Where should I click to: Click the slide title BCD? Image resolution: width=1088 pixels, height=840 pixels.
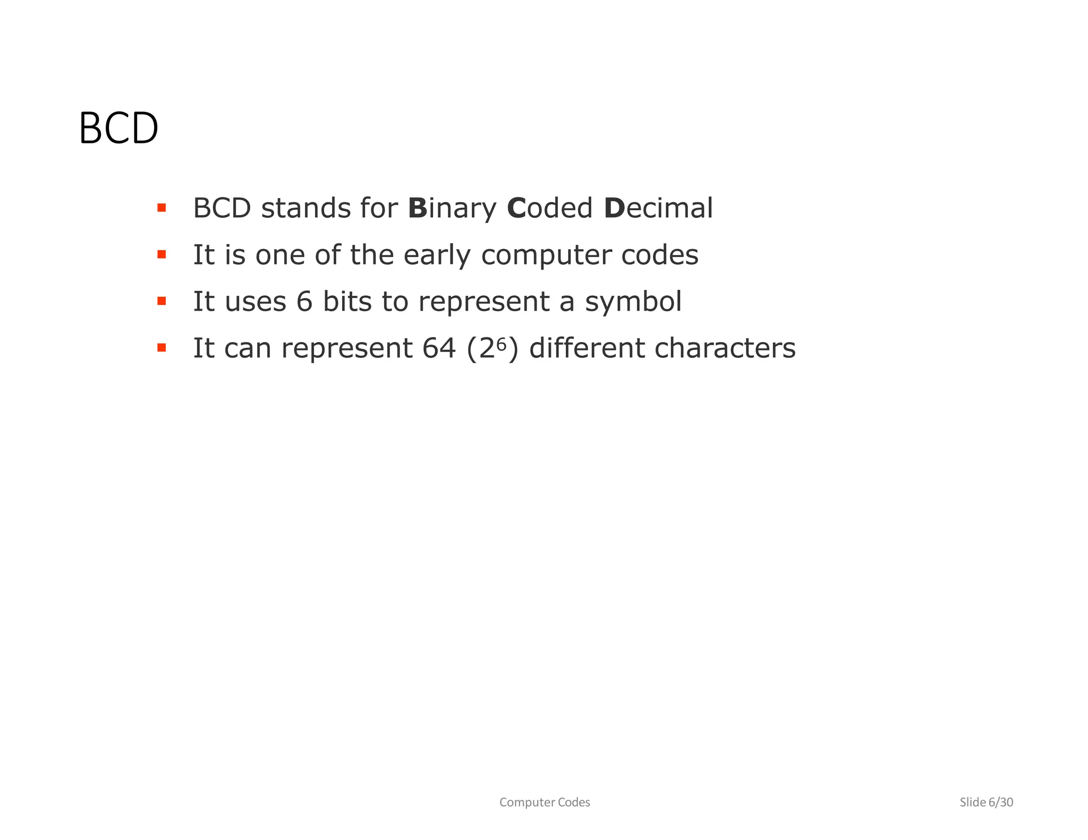tap(118, 128)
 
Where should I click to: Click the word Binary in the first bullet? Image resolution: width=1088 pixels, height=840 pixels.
tap(452, 208)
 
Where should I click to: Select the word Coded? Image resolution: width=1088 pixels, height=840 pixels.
tap(550, 208)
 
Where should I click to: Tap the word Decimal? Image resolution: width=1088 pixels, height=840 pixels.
tap(658, 208)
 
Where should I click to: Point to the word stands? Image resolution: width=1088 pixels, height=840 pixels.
tap(305, 208)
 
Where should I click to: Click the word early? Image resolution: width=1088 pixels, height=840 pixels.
tap(437, 255)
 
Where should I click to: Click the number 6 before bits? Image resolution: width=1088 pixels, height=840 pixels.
tap(304, 302)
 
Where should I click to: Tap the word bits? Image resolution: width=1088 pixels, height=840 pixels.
tap(347, 302)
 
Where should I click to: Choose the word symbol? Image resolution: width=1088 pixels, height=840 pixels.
tap(633, 302)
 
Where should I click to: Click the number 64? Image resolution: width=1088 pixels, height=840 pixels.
tap(439, 348)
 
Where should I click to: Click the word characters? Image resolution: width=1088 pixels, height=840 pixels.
tap(725, 348)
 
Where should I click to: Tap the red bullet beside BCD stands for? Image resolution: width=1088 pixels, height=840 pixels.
tap(161, 208)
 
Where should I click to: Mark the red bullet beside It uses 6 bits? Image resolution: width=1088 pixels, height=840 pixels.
tap(161, 301)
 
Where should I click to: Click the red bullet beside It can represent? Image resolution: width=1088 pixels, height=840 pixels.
tap(161, 348)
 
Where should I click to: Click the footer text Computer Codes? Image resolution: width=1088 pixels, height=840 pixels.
tap(545, 802)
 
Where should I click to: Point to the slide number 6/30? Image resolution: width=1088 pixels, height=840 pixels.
tap(1000, 802)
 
